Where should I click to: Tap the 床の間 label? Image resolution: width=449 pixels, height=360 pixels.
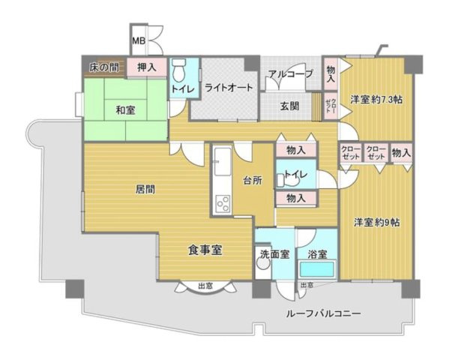[x=103, y=67]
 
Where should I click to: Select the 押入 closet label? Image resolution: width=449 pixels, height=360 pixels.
[x=147, y=67]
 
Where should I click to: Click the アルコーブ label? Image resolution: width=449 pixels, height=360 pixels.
[x=290, y=75]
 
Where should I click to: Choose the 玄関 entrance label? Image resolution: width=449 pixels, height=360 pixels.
[x=291, y=106]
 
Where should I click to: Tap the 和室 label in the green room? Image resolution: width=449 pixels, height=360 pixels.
[x=124, y=111]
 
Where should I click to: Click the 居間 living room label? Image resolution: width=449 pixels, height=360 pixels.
[x=145, y=190]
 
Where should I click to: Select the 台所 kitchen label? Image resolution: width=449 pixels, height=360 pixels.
[x=252, y=180]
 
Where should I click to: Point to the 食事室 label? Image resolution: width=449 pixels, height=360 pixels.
[x=204, y=250]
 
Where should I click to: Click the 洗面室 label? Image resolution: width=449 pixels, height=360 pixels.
[x=274, y=254]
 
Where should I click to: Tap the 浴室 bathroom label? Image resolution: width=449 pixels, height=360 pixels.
[x=317, y=254]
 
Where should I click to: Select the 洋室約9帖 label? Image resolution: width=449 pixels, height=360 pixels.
[x=376, y=222]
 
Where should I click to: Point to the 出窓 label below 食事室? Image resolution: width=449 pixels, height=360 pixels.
[x=204, y=286]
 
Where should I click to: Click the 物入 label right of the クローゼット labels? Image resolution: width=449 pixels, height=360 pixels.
[x=401, y=153]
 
